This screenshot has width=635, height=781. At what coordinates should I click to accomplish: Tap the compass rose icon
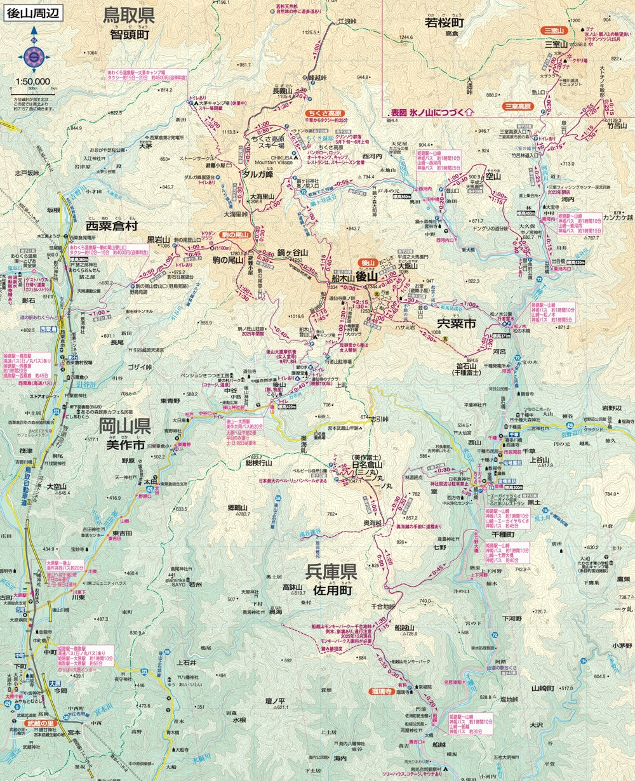pyautogui.click(x=34, y=58)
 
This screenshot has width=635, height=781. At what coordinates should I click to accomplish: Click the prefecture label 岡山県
pyautogui.click(x=124, y=425)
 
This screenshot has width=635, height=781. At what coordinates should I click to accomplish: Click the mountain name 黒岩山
pyautogui.click(x=159, y=239)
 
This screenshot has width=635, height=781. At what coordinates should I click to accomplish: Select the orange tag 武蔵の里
pyautogui.click(x=41, y=723)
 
